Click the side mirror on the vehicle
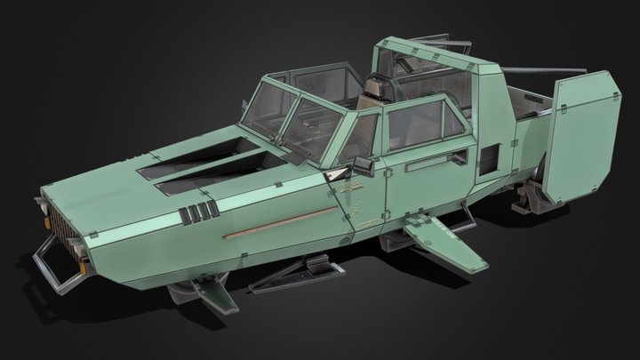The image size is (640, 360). tap(362, 165)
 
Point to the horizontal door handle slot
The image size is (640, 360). tap(418, 166)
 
